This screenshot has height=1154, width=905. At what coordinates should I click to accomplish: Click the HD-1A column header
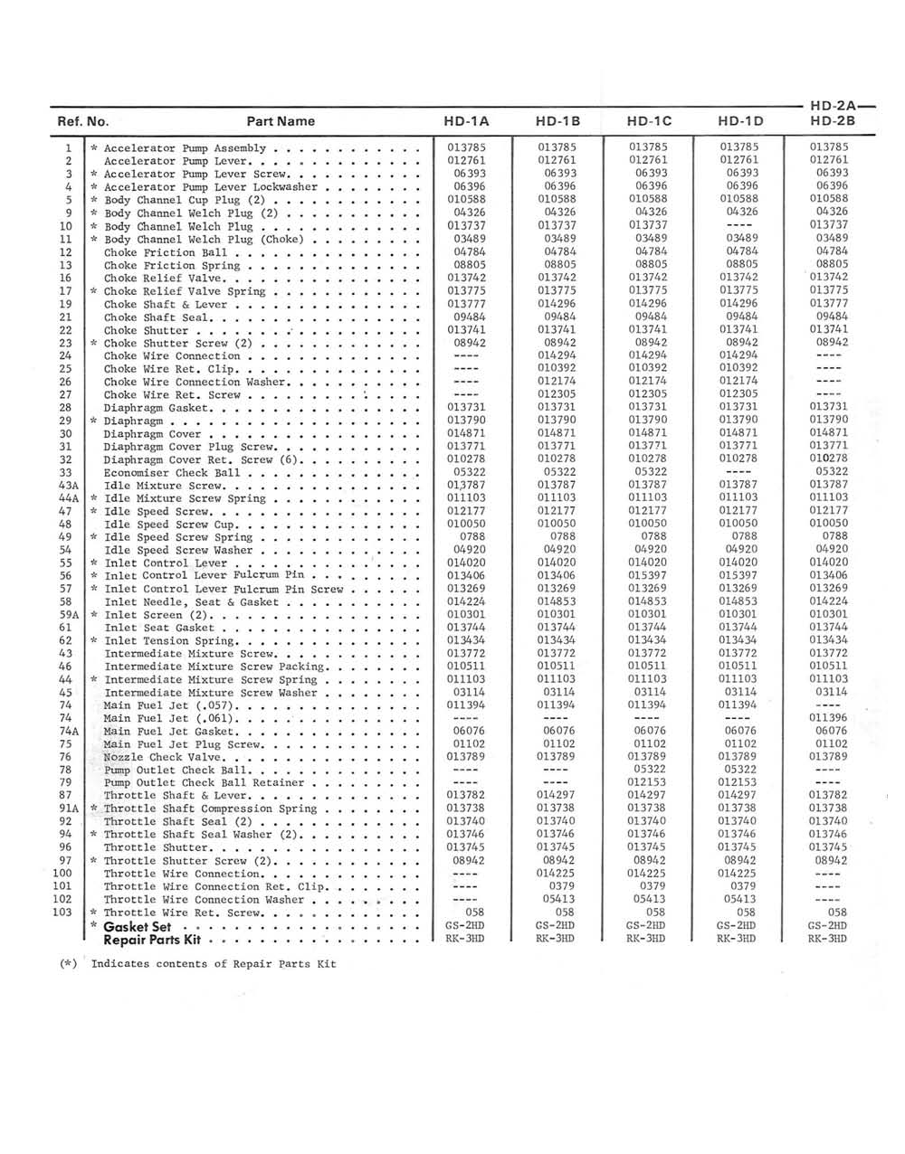(466, 121)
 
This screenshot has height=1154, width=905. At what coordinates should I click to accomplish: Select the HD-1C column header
(649, 121)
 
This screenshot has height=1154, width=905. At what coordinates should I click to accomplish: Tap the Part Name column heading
(281, 121)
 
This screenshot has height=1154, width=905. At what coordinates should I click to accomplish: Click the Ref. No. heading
(83, 121)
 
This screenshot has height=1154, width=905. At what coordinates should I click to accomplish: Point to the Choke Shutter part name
(145, 331)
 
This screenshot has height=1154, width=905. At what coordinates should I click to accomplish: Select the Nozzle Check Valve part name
(163, 757)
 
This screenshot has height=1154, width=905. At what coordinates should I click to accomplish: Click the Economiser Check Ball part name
(172, 473)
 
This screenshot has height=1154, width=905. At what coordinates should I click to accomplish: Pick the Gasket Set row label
(137, 927)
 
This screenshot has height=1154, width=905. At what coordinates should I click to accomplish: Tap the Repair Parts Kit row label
(152, 940)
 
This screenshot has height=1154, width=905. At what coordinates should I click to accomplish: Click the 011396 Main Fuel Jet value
(828, 718)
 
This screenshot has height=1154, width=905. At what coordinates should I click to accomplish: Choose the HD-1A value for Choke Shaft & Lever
(466, 305)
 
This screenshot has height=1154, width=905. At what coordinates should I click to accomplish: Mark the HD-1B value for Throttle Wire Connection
(557, 874)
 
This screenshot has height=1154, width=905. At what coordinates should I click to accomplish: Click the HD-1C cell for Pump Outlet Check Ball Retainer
(649, 782)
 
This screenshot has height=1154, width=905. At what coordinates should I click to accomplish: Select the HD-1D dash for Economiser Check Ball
(738, 473)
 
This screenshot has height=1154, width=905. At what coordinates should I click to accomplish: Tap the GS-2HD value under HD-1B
(555, 926)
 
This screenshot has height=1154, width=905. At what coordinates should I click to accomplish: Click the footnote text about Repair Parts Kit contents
(213, 964)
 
